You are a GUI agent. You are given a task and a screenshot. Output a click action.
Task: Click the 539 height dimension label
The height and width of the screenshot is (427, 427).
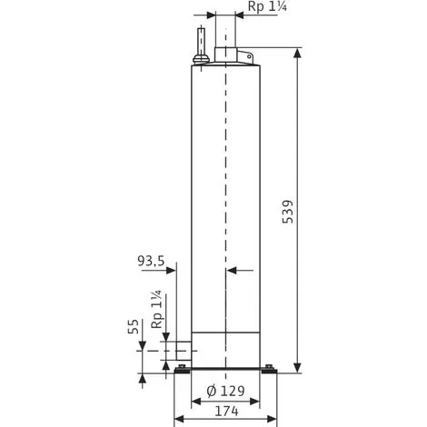[x=288, y=212]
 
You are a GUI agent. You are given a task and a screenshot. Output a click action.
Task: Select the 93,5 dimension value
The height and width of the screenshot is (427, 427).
[x=151, y=261]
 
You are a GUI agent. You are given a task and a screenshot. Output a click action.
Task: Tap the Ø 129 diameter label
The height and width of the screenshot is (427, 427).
[x=225, y=391]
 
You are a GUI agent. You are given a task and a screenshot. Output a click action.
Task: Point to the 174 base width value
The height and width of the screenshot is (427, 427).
[x=226, y=411]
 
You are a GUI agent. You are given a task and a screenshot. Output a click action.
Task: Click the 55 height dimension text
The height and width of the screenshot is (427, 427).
[x=134, y=326]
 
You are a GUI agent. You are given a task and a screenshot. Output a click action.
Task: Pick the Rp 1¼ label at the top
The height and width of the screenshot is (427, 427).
[x=267, y=6]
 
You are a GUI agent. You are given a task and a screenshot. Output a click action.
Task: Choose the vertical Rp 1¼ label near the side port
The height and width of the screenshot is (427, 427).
[x=157, y=310]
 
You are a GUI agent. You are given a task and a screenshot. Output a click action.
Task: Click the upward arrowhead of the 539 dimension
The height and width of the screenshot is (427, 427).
[x=298, y=53]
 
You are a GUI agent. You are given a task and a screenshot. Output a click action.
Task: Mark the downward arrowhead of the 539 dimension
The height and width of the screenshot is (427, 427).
[x=298, y=368]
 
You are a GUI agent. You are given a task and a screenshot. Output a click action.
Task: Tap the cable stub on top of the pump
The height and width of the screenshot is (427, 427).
[x=201, y=41]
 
